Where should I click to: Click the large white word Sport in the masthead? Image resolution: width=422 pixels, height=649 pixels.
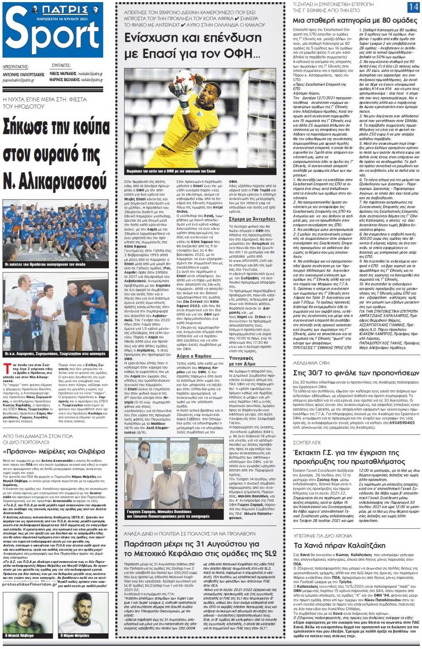[x=53, y=39]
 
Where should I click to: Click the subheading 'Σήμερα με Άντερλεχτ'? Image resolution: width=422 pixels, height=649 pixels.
[x=252, y=219]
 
